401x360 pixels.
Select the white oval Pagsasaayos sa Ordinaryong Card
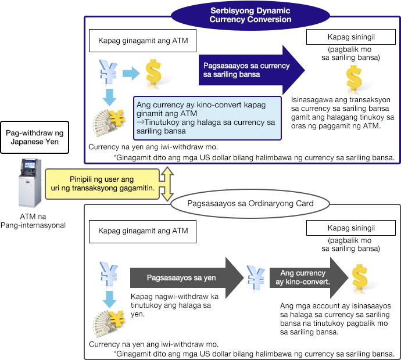(x=250, y=204)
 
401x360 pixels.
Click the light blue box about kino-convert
(x=207, y=118)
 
